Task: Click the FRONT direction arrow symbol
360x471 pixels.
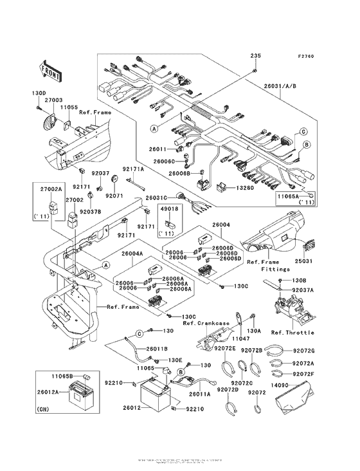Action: (51, 69)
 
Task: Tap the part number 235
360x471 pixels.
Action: (255, 57)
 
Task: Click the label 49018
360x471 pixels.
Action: (169, 209)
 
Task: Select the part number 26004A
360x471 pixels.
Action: (132, 254)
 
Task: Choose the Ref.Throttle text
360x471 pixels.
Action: (292, 333)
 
